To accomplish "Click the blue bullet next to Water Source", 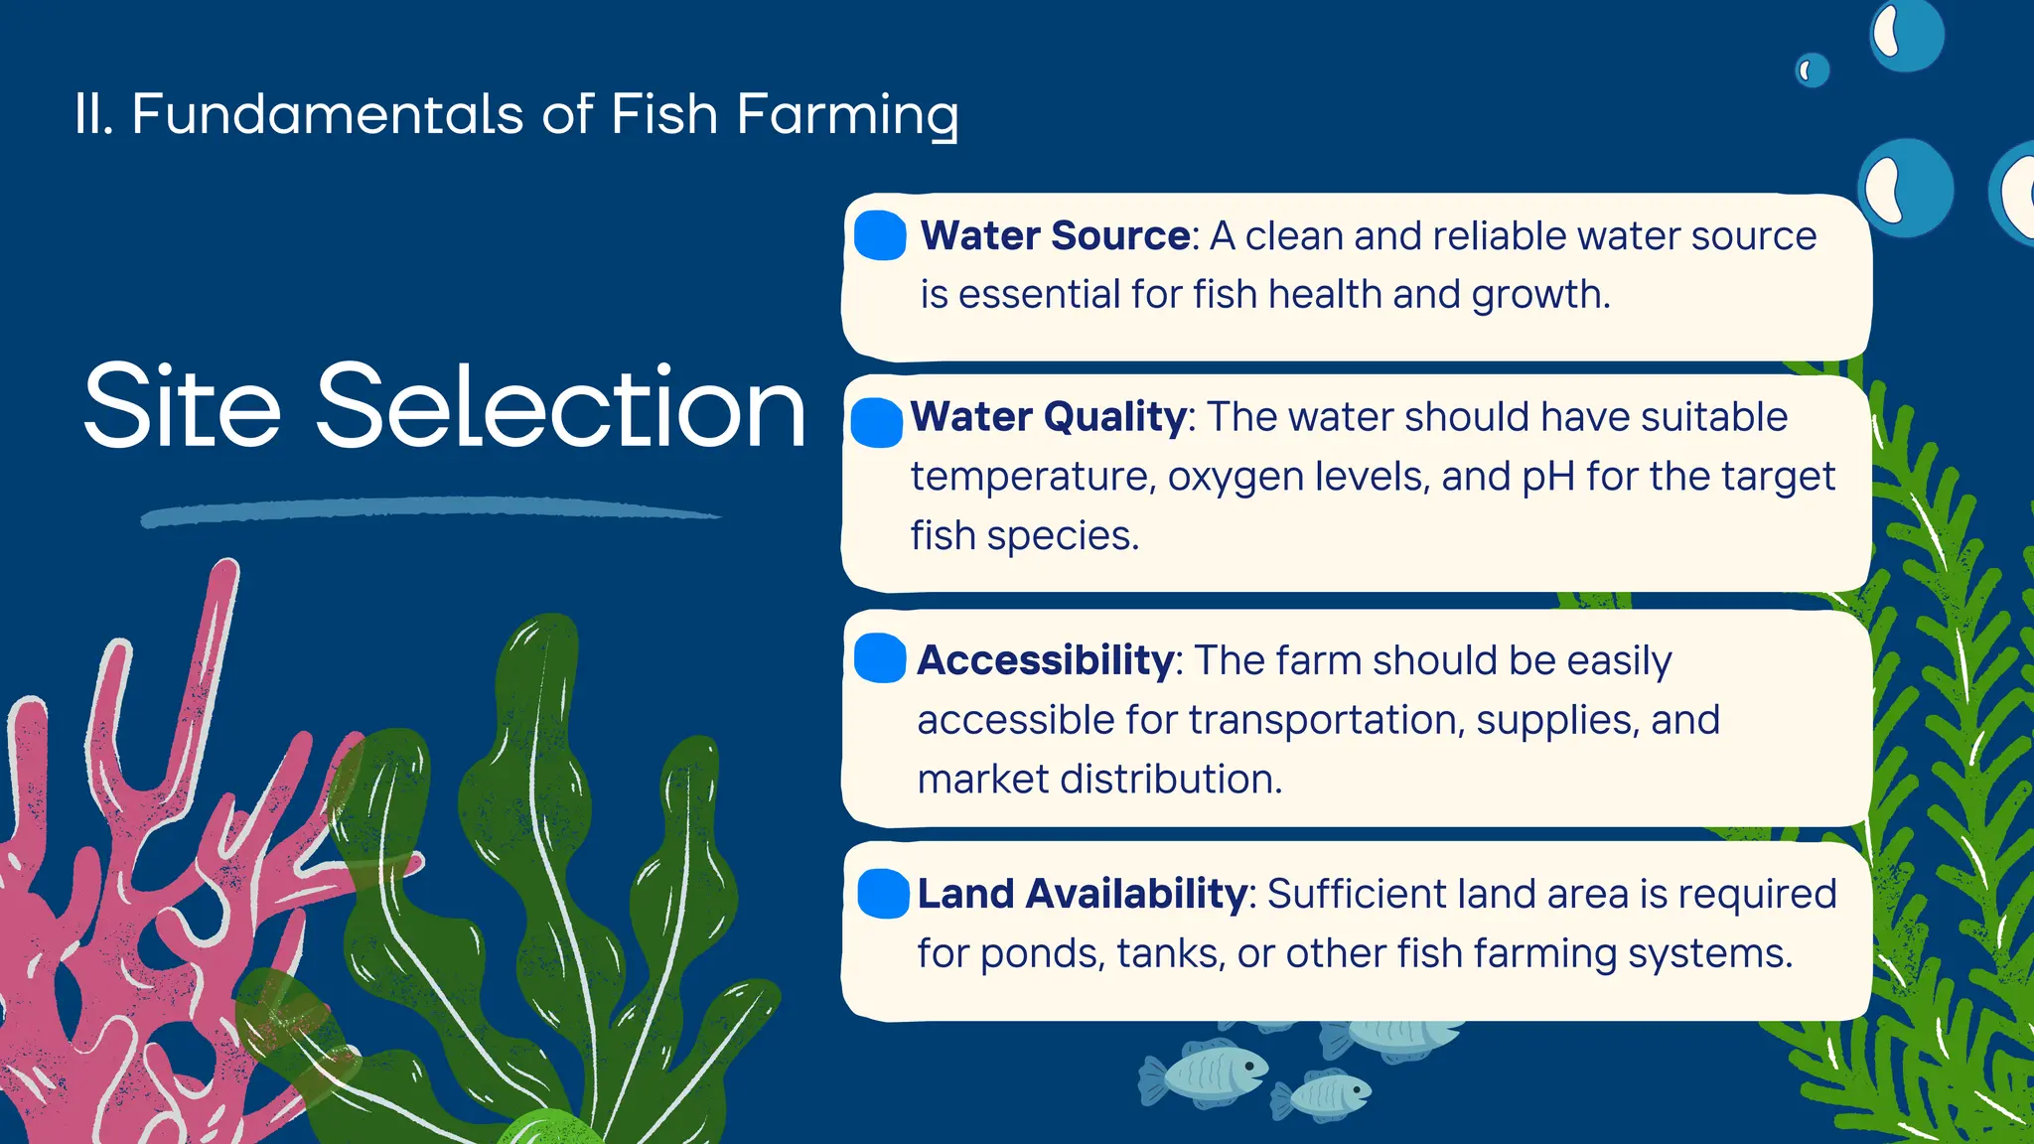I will [x=880, y=235].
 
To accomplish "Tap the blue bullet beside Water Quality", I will [x=877, y=422].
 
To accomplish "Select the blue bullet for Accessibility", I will [x=880, y=658].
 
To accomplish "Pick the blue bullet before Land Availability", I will [x=883, y=893].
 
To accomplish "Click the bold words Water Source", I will [x=1055, y=236].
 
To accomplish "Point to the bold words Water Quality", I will [x=1048, y=417].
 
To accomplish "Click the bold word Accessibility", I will [x=1045, y=660].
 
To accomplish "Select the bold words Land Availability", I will [x=1081, y=894].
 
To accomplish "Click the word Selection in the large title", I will [x=560, y=407].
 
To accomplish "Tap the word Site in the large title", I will [x=183, y=407].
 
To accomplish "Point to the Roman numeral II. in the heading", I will [x=94, y=114].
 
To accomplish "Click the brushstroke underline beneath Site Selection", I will [x=427, y=510].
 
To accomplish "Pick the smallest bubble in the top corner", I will [x=1812, y=71].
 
